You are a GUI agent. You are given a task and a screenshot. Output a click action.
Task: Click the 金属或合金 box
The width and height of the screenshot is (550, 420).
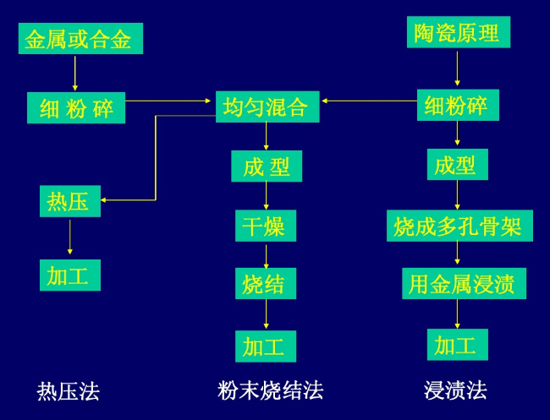(80, 39)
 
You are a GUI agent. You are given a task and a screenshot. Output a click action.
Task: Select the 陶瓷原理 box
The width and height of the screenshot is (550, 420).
(458, 33)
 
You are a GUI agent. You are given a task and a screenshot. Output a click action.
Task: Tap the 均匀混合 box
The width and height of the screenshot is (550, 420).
(267, 106)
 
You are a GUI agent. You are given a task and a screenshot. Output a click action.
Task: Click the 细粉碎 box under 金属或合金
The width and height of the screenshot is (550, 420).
(75, 108)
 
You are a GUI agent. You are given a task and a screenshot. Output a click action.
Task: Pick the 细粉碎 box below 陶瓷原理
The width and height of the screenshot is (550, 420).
(458, 106)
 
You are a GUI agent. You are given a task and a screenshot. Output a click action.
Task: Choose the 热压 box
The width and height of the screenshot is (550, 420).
(69, 201)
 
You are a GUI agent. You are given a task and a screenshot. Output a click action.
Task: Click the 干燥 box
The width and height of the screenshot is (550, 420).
(266, 226)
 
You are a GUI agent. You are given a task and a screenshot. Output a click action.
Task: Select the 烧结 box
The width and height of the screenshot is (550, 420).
(266, 283)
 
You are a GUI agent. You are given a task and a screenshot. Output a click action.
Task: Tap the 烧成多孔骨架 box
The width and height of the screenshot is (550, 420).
(460, 226)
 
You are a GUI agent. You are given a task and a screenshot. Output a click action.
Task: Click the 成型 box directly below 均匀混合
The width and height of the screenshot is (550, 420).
(266, 166)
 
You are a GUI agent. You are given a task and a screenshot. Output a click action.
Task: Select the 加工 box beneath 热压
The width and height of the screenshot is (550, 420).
(69, 275)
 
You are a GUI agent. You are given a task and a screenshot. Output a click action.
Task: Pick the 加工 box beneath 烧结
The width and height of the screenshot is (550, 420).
(266, 346)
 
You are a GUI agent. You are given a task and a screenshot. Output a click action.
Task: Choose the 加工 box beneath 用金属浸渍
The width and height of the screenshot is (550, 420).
(458, 344)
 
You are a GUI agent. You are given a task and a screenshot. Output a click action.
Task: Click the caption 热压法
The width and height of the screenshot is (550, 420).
(69, 391)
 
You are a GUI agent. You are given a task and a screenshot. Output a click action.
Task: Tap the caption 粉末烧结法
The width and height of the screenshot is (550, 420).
(270, 390)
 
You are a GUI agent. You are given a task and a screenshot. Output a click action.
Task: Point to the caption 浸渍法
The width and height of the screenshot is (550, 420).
(455, 390)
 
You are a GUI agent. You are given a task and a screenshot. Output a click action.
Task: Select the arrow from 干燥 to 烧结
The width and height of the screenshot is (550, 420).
(266, 254)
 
